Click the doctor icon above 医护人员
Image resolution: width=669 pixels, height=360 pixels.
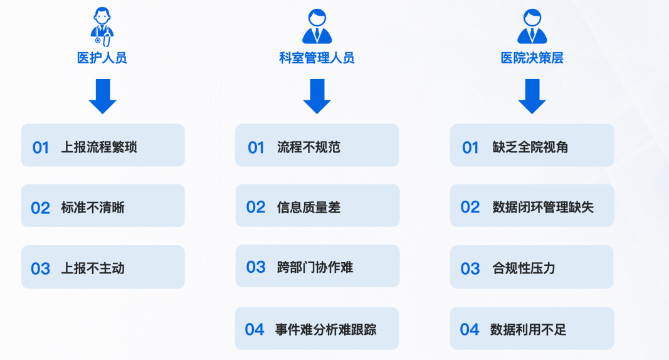tap(102, 26)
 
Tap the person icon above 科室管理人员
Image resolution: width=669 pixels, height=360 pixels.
tap(317, 26)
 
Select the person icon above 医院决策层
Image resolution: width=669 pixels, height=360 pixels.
tap(532, 26)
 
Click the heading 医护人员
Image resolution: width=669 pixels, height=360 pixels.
tap(102, 58)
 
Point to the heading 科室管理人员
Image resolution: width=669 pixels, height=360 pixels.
tap(317, 58)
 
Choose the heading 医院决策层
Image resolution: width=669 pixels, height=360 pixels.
tap(532, 58)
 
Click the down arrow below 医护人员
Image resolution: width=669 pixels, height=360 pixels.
tap(102, 96)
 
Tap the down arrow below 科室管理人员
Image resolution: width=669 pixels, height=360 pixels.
tap(317, 96)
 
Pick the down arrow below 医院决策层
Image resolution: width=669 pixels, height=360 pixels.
tap(532, 96)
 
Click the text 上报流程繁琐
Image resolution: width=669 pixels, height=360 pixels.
tap(99, 147)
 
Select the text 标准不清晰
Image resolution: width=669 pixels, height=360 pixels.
tap(93, 208)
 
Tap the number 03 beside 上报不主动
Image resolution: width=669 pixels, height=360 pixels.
tap(41, 268)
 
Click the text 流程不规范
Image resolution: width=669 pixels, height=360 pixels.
tap(308, 147)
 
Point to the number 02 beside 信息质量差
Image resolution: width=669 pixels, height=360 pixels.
tap(256, 208)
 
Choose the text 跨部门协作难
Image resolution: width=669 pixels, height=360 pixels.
tap(315, 267)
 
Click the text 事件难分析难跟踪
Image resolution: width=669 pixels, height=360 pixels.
tap(326, 329)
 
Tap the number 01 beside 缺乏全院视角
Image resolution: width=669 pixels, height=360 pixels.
tap(470, 147)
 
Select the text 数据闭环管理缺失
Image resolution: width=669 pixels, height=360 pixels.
tap(543, 208)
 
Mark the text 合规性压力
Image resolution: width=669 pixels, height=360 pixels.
tap(524, 268)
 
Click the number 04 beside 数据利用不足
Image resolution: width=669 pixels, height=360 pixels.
tap(470, 329)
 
